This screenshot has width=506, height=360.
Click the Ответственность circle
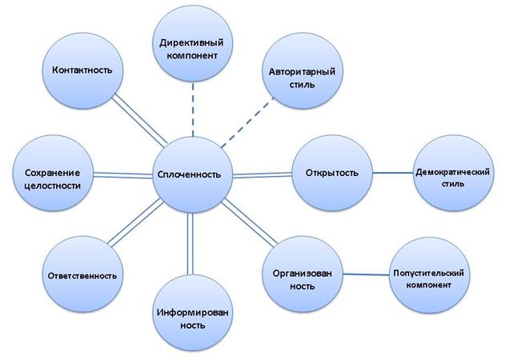pos(82,275)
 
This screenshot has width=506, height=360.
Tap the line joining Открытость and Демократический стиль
pos(392,174)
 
